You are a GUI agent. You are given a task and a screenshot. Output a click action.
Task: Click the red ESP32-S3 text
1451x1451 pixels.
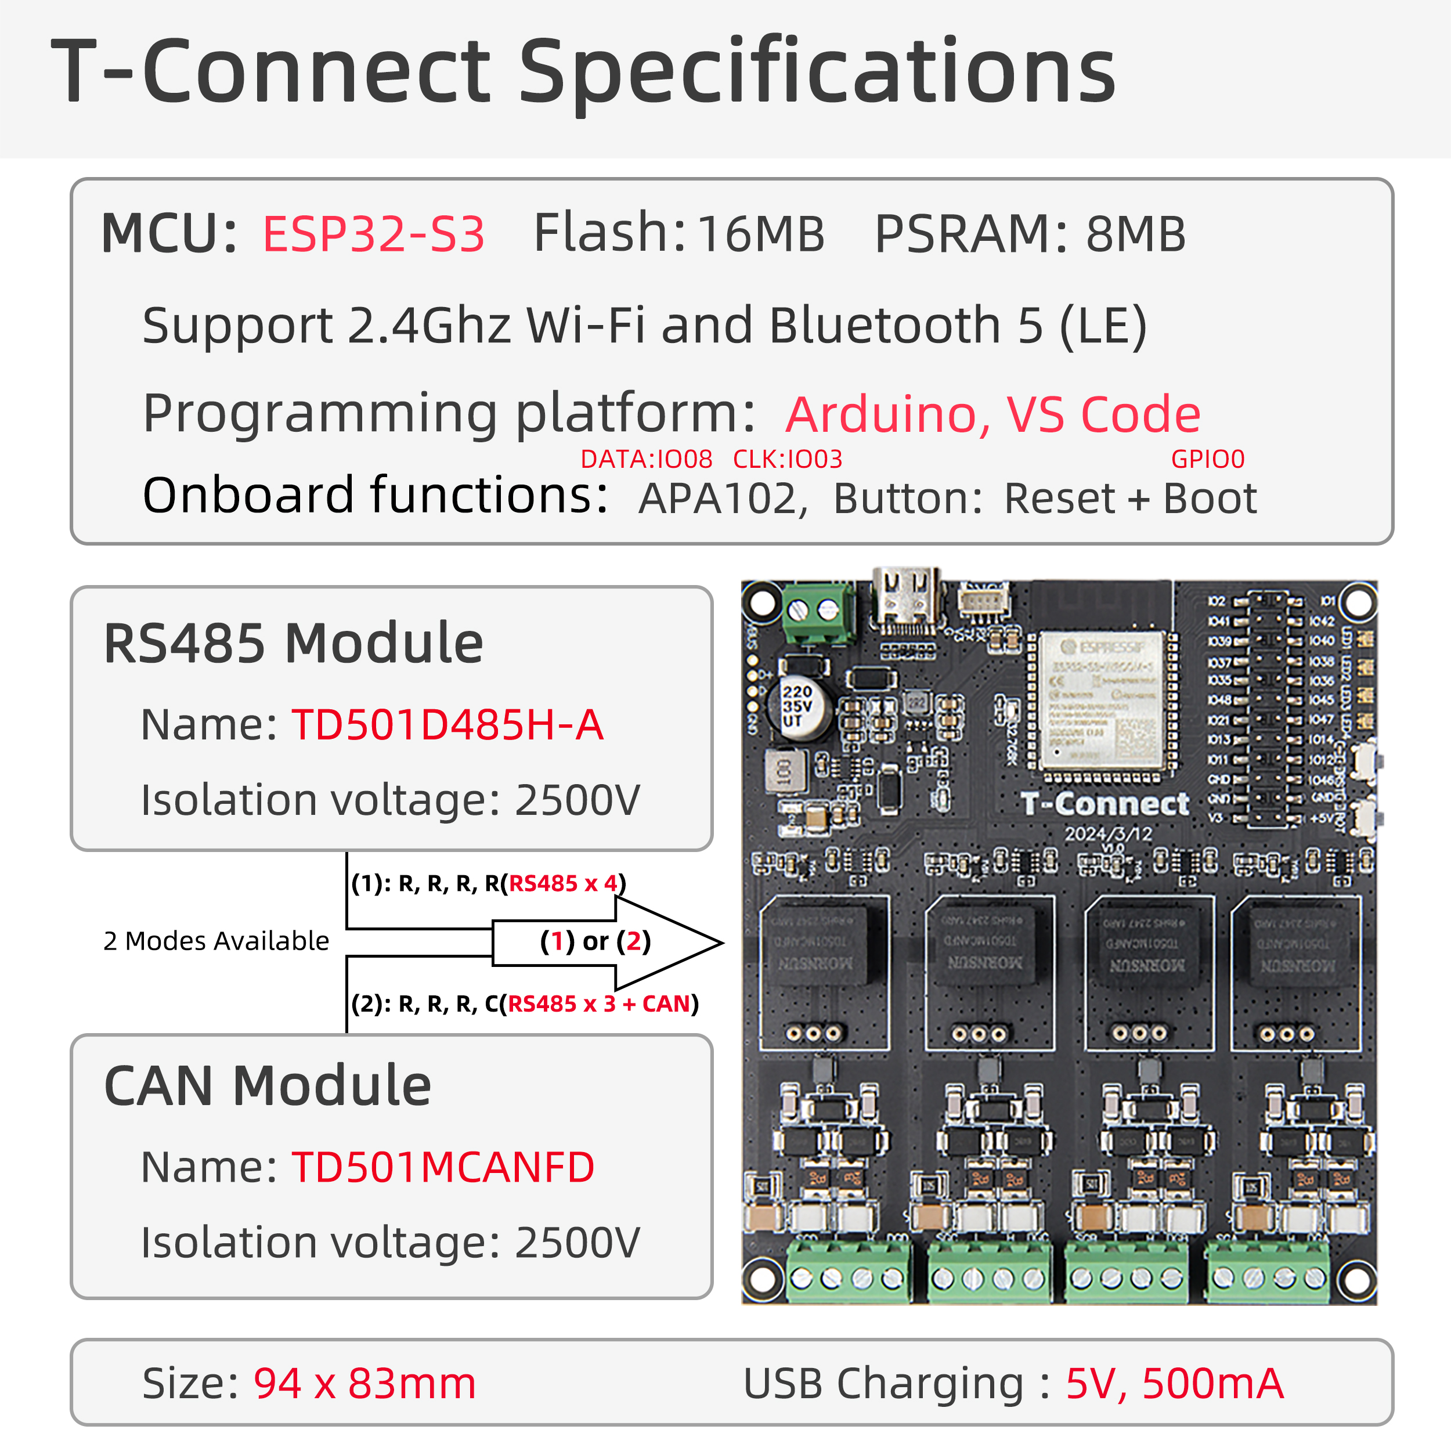[x=373, y=233]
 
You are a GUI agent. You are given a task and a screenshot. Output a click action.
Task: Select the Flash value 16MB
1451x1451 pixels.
[x=760, y=233]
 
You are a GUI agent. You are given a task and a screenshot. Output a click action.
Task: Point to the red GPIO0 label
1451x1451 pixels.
[x=1208, y=459]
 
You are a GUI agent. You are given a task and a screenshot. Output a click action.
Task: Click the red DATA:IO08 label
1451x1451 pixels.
[x=646, y=459]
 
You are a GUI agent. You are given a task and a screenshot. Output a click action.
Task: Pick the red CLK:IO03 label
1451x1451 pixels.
[x=787, y=459]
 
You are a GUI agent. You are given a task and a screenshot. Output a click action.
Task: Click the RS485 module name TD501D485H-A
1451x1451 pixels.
[x=447, y=725]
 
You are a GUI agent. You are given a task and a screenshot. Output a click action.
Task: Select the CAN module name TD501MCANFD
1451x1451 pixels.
[x=442, y=1167]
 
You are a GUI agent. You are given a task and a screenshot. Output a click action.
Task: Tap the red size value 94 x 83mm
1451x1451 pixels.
[x=364, y=1384]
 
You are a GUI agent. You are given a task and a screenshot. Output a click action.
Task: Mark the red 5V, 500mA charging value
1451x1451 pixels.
[x=1174, y=1384]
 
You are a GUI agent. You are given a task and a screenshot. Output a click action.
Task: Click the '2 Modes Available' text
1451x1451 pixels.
[x=216, y=940]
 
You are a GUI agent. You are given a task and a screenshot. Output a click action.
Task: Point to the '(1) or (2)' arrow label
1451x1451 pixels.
[x=595, y=941]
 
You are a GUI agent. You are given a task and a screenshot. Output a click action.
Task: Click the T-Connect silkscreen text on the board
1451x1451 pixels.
[x=1104, y=804]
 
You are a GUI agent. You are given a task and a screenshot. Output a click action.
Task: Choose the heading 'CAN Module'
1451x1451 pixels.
[x=268, y=1086]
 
